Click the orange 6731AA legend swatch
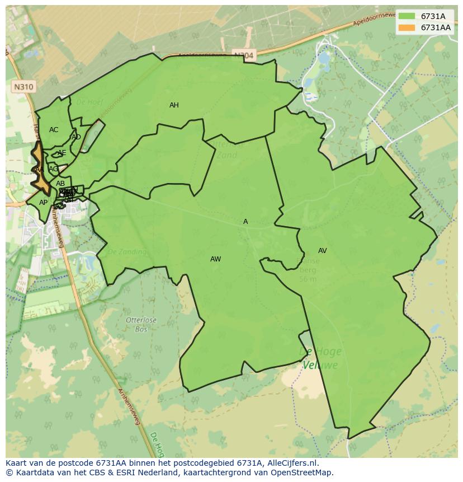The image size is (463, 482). (407, 27)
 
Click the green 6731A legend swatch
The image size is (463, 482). (407, 16)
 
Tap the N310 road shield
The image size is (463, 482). (23, 87)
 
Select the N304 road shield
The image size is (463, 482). (243, 55)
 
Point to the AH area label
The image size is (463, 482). (174, 105)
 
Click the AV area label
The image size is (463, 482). (322, 251)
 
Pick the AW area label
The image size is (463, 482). (215, 259)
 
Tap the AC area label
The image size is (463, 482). (54, 130)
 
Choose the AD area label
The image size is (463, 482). (76, 137)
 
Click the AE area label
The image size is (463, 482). (62, 153)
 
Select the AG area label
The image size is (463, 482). (53, 169)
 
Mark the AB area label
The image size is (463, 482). (60, 184)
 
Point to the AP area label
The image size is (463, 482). (43, 203)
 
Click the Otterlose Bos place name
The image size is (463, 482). (141, 324)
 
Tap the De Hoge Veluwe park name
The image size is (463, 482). (320, 358)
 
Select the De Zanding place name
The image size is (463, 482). (127, 252)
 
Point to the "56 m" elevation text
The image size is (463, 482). (308, 279)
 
